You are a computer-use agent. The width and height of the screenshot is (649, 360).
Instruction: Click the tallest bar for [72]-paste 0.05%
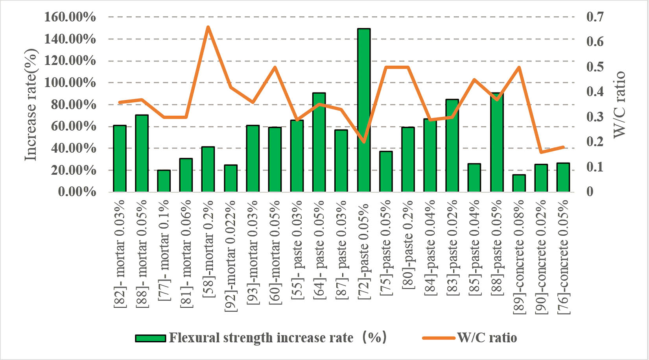pos(363,110)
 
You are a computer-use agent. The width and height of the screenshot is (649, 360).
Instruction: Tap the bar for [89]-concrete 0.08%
pos(519,183)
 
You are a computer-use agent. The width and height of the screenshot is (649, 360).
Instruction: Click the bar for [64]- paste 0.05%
pos(319,142)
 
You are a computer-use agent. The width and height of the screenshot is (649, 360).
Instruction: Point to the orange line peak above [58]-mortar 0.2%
pos(208,27)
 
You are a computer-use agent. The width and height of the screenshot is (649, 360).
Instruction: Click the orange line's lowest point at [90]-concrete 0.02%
pos(541,152)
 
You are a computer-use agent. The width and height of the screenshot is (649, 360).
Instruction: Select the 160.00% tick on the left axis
pos(70,17)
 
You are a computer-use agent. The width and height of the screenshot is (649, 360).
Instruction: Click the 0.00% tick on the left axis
pos(77,192)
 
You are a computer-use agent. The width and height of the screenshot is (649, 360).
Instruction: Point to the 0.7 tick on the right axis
pos(595,17)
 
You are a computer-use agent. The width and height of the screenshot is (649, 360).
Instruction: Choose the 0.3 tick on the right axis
pos(595,117)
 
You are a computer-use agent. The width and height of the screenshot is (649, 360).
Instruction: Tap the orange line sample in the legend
pos(439,338)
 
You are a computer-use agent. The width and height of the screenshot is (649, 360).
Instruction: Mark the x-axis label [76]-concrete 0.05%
pos(563,257)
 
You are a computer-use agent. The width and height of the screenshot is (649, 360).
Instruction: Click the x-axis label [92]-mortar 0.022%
pos(230,257)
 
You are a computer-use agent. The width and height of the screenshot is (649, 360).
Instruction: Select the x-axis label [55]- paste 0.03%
pos(297,248)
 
